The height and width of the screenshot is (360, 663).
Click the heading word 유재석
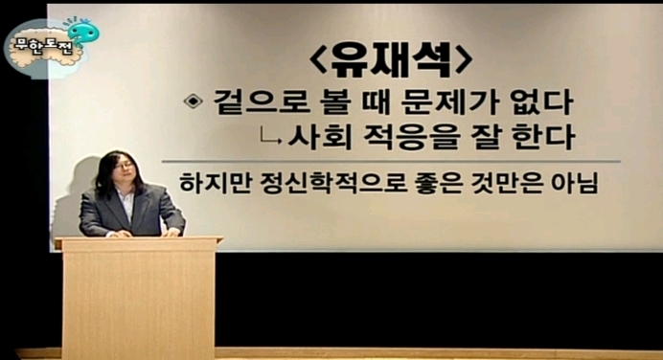pyautogui.click(x=391, y=60)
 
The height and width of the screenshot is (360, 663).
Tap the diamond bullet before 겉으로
pyautogui.click(x=194, y=101)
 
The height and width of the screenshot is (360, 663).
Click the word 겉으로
pyautogui.click(x=262, y=102)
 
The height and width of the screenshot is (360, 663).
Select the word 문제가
pyautogui.click(x=450, y=102)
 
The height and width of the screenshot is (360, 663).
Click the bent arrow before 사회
pyautogui.click(x=270, y=137)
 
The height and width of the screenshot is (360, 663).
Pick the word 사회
pyautogui.click(x=320, y=137)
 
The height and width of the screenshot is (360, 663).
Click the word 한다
pyautogui.click(x=543, y=137)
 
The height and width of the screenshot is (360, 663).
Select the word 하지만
pyautogui.click(x=216, y=183)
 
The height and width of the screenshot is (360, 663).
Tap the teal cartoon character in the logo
pyautogui.click(x=83, y=33)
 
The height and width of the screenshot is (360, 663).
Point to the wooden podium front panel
pyautogui.click(x=139, y=303)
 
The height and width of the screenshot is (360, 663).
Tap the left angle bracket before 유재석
pyautogui.click(x=317, y=61)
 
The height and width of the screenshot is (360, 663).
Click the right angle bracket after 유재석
pyautogui.click(x=464, y=61)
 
